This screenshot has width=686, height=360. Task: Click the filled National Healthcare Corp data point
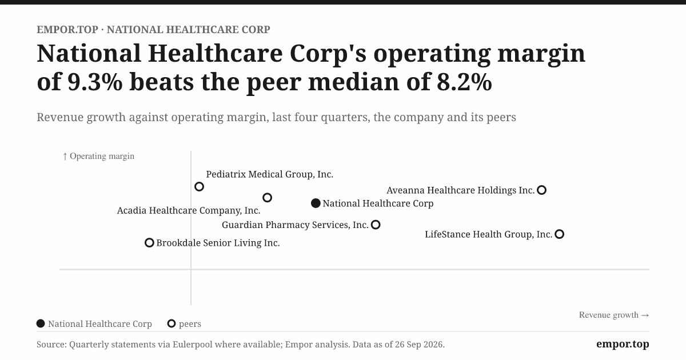pos(316,203)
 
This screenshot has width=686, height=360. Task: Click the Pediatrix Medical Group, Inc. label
pos(269,174)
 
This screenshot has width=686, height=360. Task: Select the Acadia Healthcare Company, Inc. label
pos(189,211)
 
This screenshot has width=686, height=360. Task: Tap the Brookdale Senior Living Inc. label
pos(218,243)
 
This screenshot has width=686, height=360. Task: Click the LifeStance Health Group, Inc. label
pos(488,234)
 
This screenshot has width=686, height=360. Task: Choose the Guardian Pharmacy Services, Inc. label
pos(295,225)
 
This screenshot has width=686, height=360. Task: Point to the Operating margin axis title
pos(98,156)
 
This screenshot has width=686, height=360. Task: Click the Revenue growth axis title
pos(614,315)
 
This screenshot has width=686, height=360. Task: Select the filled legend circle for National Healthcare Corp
pos(41,323)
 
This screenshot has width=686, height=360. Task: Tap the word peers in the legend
pos(190,324)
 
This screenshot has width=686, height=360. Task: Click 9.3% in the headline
pos(95,82)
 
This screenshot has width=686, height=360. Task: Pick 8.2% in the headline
pos(464,82)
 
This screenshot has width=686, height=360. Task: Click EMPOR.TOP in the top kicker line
pos(67,30)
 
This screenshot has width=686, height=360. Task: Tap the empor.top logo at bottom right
pos(623,344)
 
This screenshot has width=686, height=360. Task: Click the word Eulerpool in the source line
pos(192,345)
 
